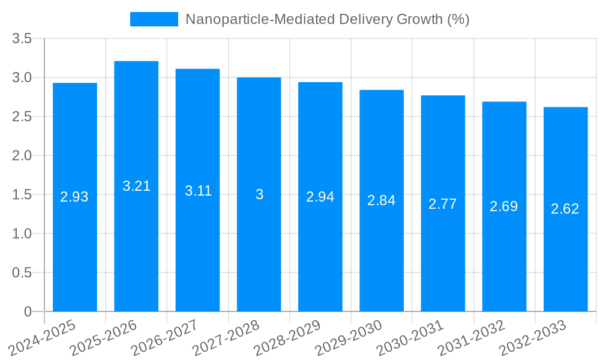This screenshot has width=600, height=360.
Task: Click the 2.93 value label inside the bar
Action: point(74,197)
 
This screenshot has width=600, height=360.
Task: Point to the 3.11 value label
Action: point(198,191)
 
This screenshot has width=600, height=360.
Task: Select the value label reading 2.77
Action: point(443,204)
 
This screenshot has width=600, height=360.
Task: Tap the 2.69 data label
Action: point(504,206)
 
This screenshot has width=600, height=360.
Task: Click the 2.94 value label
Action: point(320,197)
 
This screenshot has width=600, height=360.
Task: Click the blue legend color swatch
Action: point(154,19)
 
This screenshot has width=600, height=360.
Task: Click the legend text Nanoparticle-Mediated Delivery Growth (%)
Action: point(327,19)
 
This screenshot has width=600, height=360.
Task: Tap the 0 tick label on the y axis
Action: point(28,312)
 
